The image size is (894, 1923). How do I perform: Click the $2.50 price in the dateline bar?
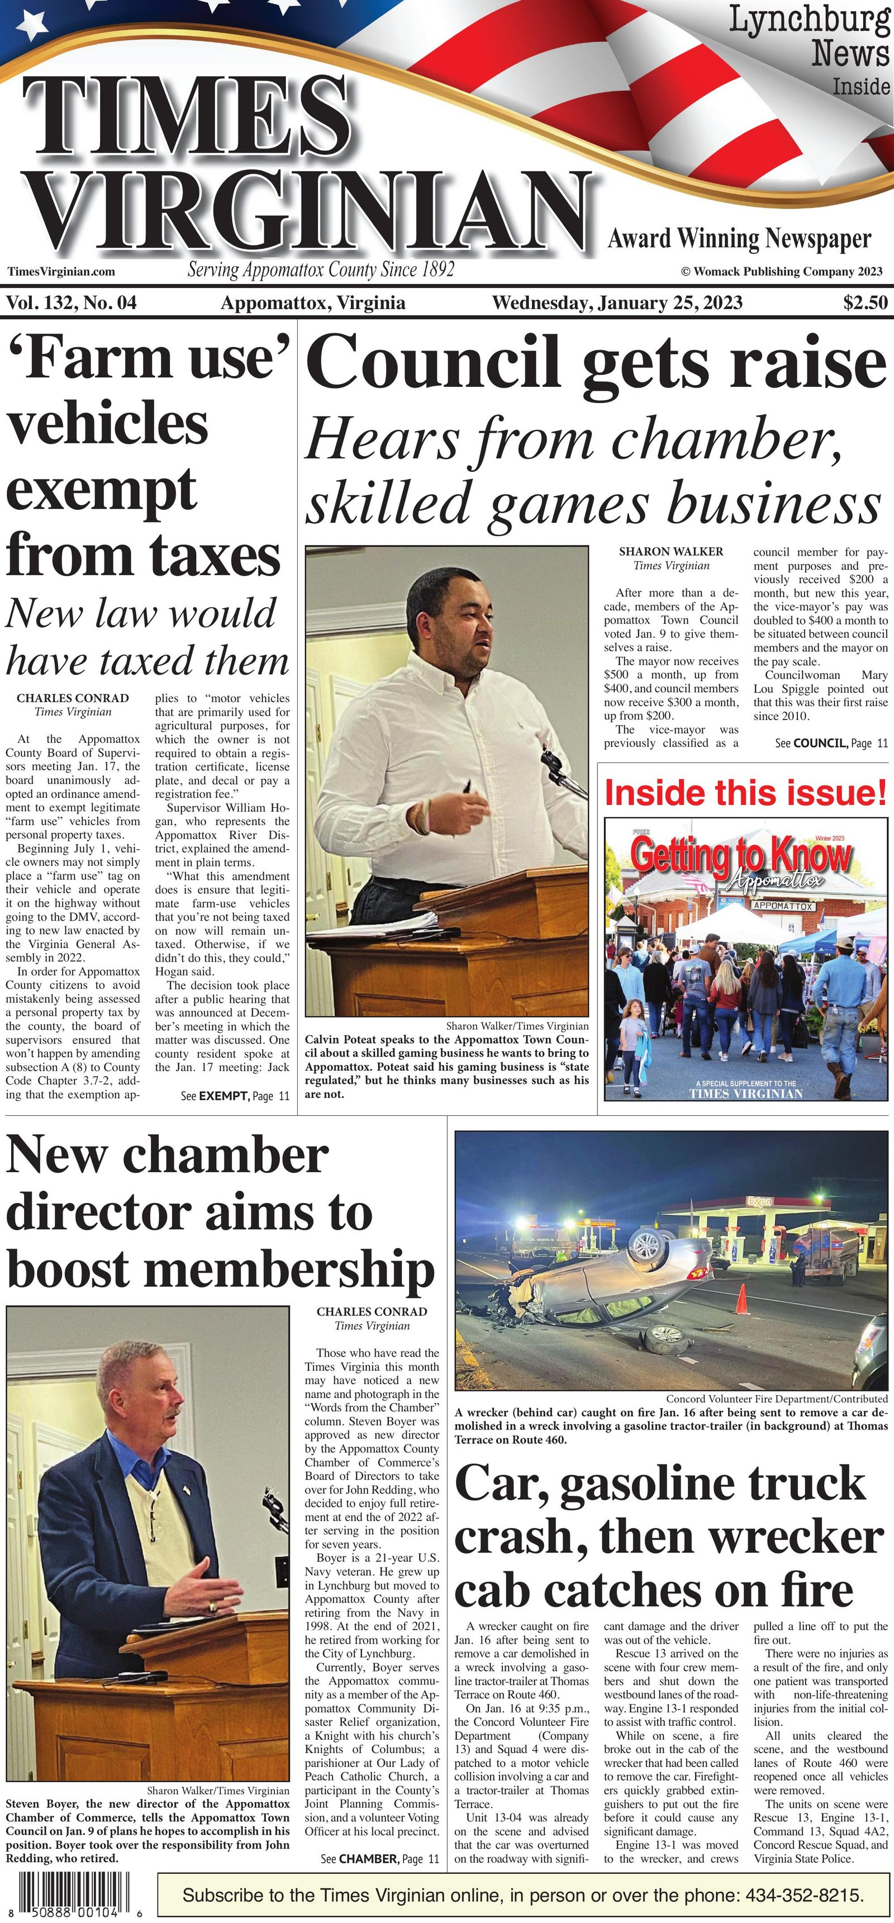[x=865, y=302]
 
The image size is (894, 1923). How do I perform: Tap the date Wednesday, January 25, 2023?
[x=617, y=302]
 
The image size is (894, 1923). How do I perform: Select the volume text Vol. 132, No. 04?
[x=72, y=302]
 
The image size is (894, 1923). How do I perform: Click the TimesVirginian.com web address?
[x=61, y=272]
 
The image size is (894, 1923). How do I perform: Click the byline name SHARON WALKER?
[x=671, y=552]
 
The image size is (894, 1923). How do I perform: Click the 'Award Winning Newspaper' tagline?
[x=739, y=239]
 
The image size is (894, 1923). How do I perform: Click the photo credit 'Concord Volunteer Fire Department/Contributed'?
[x=776, y=1398]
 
